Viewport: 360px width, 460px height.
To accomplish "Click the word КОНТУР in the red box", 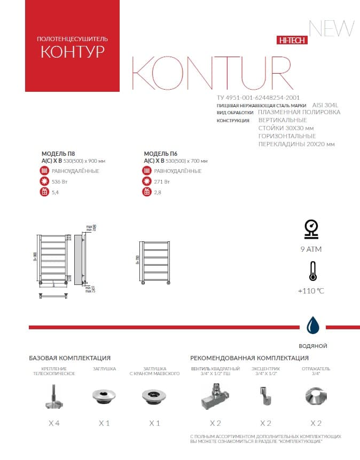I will coord(72,52).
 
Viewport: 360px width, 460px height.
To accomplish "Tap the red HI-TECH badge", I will coord(291,41).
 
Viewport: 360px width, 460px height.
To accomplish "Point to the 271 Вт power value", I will coord(162,181).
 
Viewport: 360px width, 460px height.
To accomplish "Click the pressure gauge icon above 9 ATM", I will coord(311,228).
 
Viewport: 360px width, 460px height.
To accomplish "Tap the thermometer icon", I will coord(311,271).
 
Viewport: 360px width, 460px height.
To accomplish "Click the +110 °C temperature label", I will coord(311,291).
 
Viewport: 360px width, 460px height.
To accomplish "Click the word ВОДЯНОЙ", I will coord(313,346).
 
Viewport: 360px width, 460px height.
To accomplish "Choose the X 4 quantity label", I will coord(54,423).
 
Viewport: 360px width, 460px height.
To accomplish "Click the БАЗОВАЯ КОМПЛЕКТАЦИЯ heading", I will coord(69,358).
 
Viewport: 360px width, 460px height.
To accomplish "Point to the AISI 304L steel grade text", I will coord(325,105).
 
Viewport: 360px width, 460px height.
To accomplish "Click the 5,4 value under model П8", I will coord(55,192).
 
